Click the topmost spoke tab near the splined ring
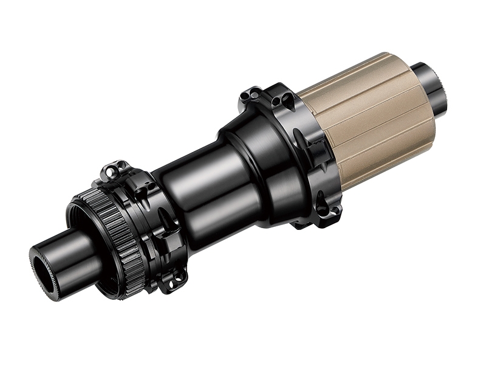point(115,170)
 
